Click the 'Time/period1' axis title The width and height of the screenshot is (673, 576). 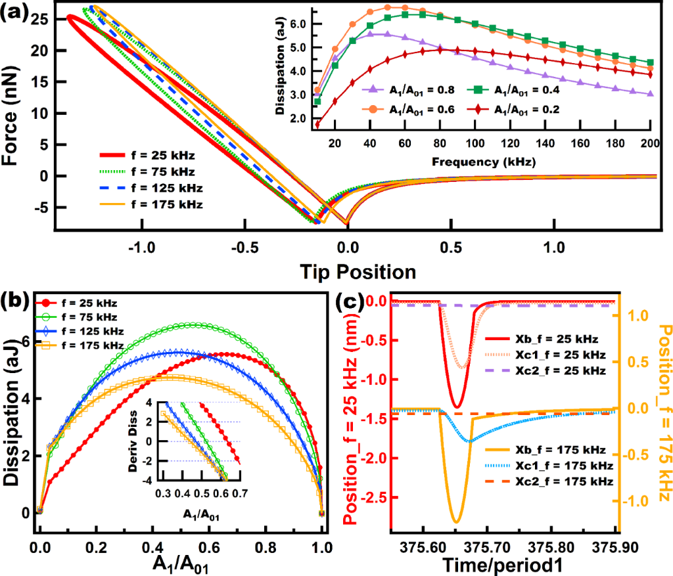point(507,564)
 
